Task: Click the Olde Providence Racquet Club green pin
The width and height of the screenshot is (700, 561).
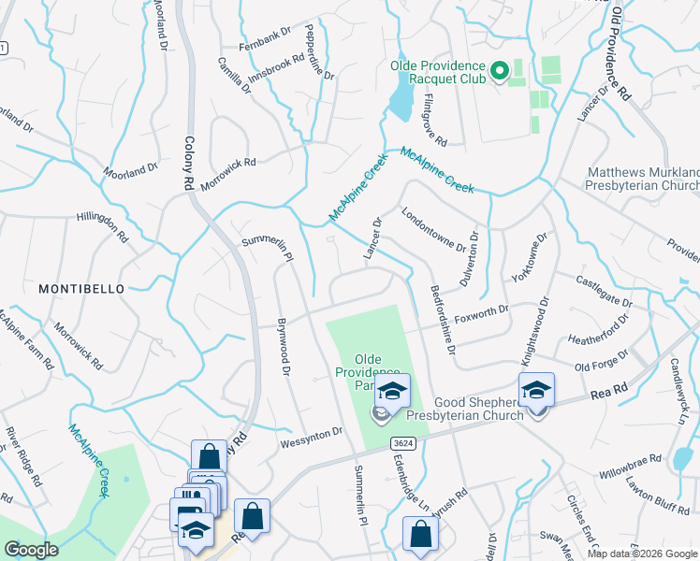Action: [499, 69]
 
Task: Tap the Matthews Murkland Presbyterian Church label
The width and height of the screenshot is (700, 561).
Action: [643, 180]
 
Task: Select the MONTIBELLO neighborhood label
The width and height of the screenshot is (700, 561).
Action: [81, 290]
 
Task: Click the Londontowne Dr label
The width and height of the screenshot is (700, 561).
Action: [433, 229]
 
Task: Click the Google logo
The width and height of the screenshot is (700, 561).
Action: [32, 550]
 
